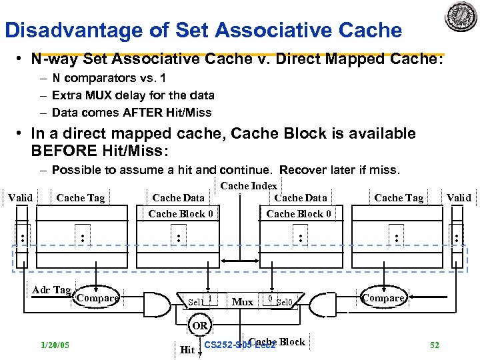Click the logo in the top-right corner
coord(461,17)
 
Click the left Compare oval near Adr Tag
coord(97,298)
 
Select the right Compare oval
coord(383,298)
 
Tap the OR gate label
coord(200,325)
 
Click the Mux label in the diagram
coord(242,302)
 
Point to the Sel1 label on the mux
coord(195,302)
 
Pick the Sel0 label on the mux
coord(285,303)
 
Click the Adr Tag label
coord(51,290)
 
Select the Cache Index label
coord(248,186)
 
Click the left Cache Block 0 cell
coord(181,213)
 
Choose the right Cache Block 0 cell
coord(299,213)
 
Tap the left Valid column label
coord(20,197)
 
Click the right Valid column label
coord(459,197)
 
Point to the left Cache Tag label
coord(81,197)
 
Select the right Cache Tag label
coord(399,197)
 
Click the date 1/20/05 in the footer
coord(55,345)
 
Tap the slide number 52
coord(435,345)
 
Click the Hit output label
coord(187,349)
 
